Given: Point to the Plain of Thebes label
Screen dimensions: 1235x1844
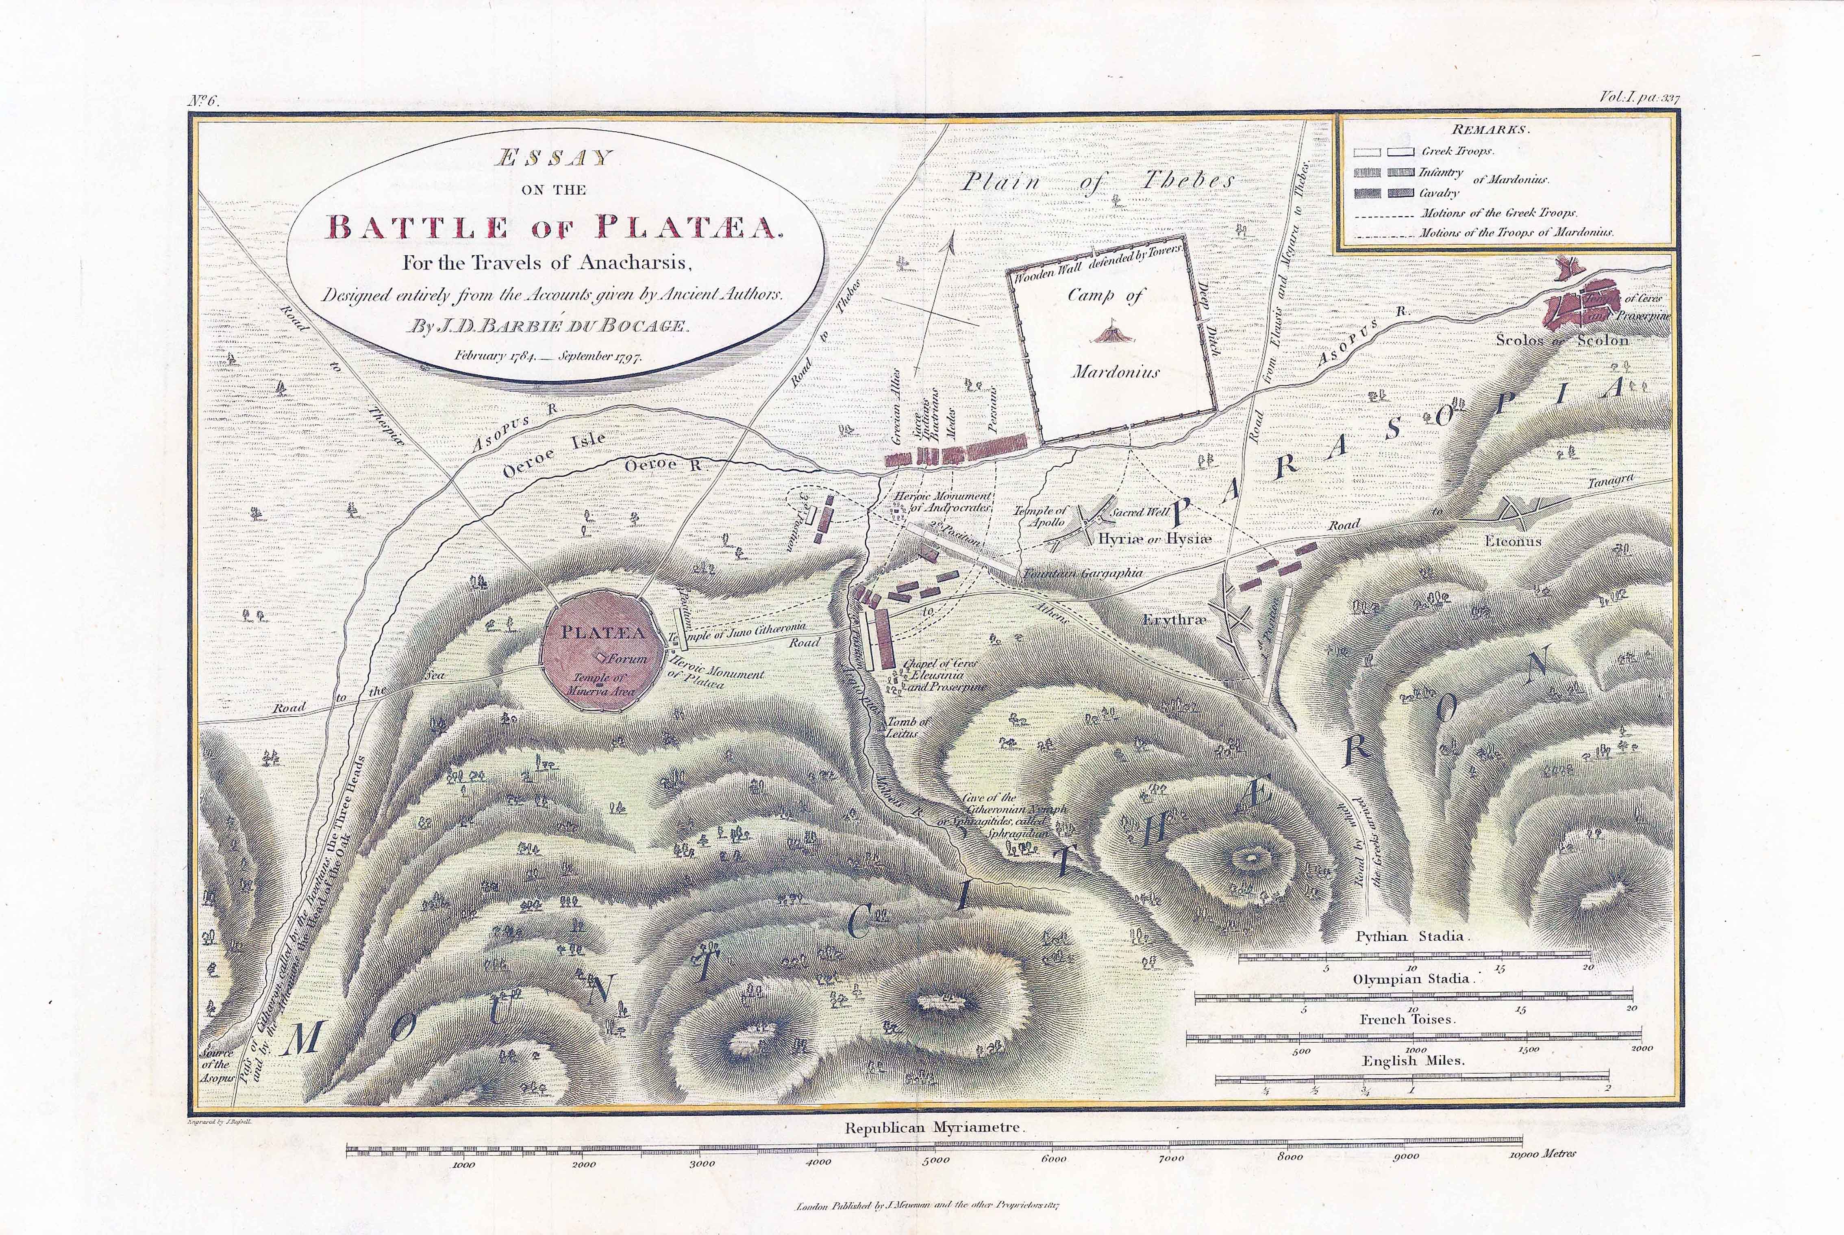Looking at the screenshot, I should [x=1099, y=181].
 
